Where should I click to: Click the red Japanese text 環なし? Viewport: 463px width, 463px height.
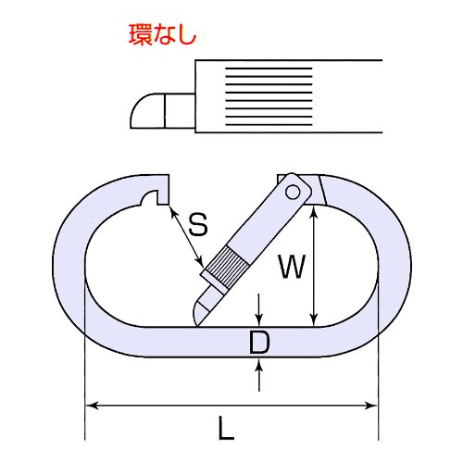coord(163,34)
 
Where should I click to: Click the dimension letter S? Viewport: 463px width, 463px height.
coord(198,224)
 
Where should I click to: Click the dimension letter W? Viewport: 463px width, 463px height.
coord(292,266)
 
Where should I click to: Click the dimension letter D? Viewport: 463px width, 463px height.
coord(259,342)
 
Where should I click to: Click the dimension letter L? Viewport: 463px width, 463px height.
coord(226,428)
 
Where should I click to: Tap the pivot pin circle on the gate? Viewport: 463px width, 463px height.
coord(293,193)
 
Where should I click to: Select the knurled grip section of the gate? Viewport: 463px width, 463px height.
coord(228,267)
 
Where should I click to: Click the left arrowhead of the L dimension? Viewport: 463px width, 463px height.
coord(92,406)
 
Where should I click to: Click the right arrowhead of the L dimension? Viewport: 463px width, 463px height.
coord(371,406)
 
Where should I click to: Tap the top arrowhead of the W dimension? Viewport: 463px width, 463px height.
coord(314,212)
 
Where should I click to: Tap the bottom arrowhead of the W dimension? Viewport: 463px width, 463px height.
coord(314,319)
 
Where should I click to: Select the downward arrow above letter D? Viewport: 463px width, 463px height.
coord(259,310)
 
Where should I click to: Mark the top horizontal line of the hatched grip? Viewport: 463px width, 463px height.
coord(269,69)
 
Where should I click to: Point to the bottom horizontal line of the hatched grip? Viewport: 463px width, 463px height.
coord(269,125)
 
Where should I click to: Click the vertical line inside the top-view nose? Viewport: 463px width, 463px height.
coord(165,110)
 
